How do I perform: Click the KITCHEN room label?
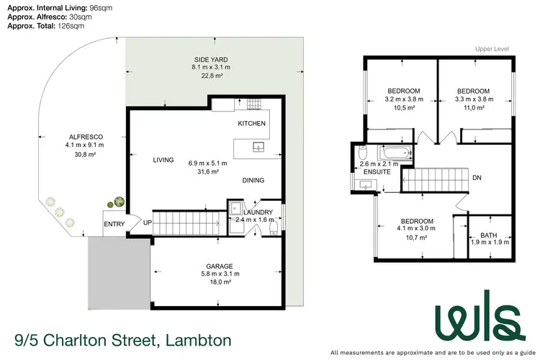(x=252, y=124)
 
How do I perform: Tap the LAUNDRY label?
(x=258, y=212)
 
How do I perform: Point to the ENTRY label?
(x=114, y=225)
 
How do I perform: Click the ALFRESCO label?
(x=84, y=136)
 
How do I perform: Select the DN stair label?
(x=477, y=178)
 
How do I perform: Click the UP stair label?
(x=148, y=222)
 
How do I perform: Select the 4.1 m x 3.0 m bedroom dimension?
(x=417, y=229)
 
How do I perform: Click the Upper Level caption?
(x=493, y=50)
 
